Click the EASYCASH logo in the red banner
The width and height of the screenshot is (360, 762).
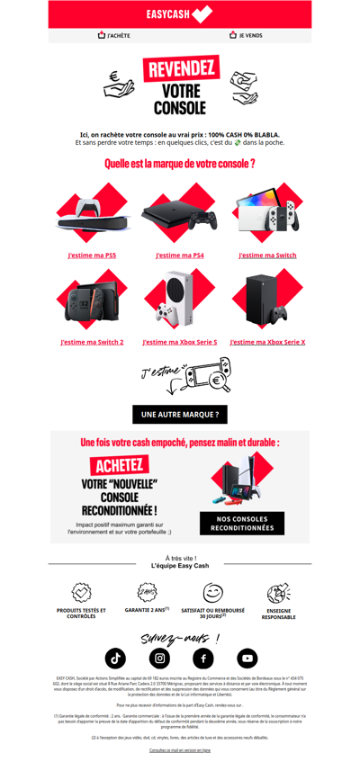click(179, 13)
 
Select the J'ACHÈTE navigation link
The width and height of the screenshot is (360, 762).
click(113, 35)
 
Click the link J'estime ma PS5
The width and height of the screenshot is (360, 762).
click(91, 255)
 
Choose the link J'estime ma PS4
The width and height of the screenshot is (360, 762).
click(179, 255)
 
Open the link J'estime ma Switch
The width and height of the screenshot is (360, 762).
click(267, 255)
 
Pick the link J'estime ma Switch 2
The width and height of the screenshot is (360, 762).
click(92, 342)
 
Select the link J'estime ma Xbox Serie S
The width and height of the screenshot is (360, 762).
click(179, 342)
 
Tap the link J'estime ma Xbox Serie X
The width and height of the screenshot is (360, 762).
click(267, 342)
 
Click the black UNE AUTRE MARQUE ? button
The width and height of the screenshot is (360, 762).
click(179, 414)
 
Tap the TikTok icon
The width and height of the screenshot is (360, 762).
click(116, 658)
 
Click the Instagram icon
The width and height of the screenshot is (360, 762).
click(159, 658)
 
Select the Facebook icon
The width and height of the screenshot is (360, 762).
click(202, 658)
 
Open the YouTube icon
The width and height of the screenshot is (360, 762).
click(247, 658)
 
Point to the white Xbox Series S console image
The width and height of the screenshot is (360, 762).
click(177, 299)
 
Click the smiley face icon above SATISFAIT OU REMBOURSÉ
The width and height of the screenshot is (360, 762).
click(212, 593)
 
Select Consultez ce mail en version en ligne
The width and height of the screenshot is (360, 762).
click(179, 749)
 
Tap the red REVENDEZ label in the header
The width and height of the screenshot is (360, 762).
click(181, 69)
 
